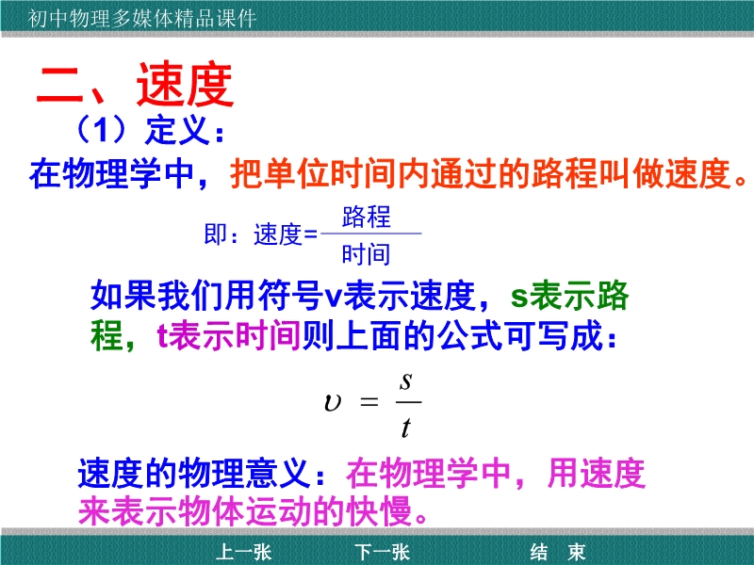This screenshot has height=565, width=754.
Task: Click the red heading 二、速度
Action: pos(135,85)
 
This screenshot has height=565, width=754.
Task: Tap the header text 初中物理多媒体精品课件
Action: pos(141,19)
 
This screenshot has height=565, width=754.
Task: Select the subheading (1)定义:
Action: pos(150,130)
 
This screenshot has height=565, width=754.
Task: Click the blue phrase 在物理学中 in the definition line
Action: pos(111,173)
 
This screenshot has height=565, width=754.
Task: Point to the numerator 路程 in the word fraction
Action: pos(367,217)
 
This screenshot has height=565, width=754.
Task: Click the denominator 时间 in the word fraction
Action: pos(366,254)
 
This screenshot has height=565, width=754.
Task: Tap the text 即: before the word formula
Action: pos(221,234)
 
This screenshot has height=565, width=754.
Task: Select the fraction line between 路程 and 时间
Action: pos(370,234)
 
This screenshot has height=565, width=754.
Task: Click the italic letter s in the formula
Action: pos(406,381)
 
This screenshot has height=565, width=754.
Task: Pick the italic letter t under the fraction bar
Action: pos(406,428)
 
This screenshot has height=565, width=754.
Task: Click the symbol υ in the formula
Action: pos(333,402)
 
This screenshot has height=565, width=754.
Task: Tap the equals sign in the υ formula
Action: pos(369,402)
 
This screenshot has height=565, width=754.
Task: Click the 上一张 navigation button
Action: pos(244,552)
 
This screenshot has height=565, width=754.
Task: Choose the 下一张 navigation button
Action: pos(383,552)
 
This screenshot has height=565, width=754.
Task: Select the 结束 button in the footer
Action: pos(558,552)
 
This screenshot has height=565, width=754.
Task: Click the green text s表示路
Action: pos(570,295)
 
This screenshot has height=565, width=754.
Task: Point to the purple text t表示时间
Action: pos(229,335)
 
